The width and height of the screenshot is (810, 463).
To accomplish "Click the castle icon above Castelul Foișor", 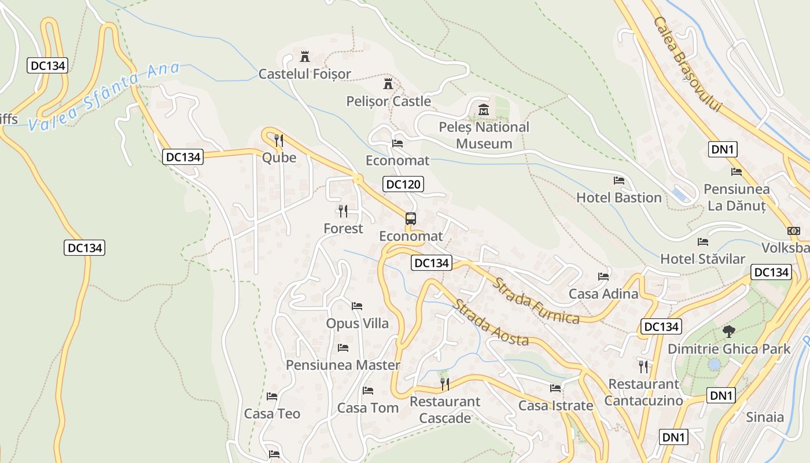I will [304, 57].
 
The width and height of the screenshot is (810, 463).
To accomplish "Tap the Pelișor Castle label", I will [388, 101].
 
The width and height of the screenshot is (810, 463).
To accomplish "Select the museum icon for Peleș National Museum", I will [484, 109].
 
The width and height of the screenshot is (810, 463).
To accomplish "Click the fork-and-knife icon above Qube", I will [279, 141].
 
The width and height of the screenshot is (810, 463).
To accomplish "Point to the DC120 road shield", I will [403, 185].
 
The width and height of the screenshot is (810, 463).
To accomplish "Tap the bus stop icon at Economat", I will [411, 219].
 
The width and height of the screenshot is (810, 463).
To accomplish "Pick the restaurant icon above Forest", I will [343, 211].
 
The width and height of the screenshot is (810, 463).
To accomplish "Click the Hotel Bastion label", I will [618, 197].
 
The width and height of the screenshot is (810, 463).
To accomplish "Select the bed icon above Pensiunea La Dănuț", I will [736, 172].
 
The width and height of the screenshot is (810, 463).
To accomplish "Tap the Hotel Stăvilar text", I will [702, 259].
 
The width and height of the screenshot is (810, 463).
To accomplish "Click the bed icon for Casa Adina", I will [603, 277].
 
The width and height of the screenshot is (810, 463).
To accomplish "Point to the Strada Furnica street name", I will [536, 301].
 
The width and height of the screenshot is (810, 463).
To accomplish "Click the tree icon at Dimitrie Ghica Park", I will [728, 332].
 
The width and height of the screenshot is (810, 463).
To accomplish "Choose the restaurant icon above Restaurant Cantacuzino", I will [643, 366].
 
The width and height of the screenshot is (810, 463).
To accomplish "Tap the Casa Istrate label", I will [555, 406].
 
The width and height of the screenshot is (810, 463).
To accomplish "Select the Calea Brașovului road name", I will [689, 64].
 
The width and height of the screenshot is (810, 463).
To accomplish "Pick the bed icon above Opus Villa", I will [357, 306].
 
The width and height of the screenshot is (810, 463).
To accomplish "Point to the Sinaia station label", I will [764, 417].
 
